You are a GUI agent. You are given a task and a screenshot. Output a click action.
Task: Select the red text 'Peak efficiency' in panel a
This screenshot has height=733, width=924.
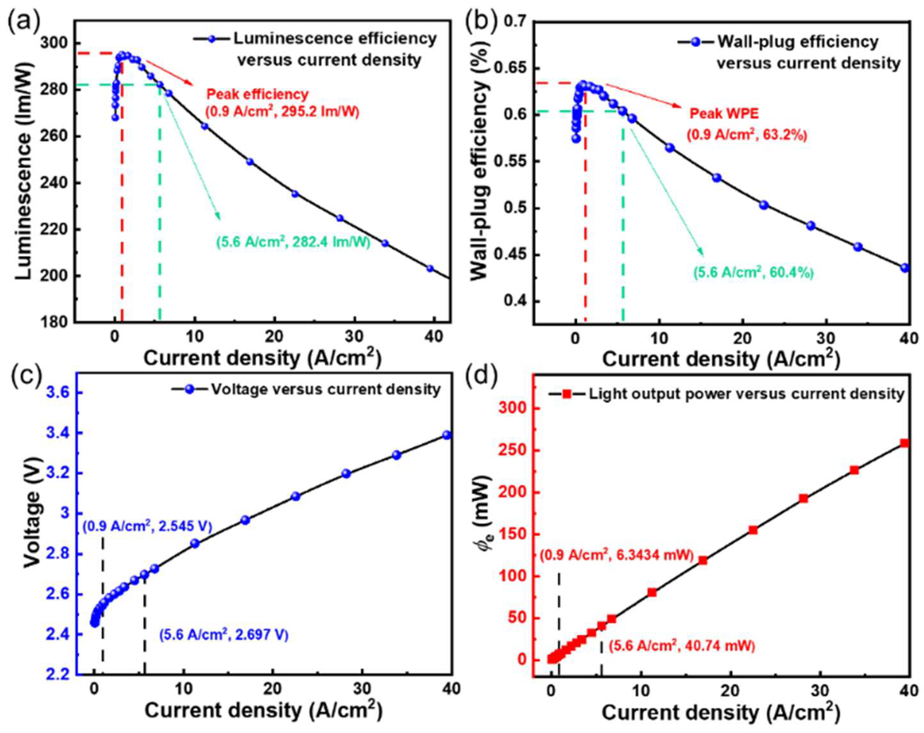pos(257,94)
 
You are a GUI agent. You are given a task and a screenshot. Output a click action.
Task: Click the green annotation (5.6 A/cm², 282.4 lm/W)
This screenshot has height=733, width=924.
pos(293,242)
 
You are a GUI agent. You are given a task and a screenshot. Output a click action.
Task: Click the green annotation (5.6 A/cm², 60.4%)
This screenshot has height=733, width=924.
pos(753,272)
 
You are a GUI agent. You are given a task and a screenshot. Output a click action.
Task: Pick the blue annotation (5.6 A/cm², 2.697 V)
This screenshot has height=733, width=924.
pos(224,634)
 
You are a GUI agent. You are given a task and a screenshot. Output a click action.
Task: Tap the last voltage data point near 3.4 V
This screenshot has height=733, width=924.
pos(447,435)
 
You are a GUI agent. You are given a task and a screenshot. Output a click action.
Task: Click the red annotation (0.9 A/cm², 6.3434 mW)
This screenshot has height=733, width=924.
pos(617,556)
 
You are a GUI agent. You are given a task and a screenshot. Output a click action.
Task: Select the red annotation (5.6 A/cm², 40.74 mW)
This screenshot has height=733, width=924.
pos(681,646)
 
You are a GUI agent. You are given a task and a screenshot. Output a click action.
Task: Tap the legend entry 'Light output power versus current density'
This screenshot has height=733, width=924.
pos(746,393)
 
